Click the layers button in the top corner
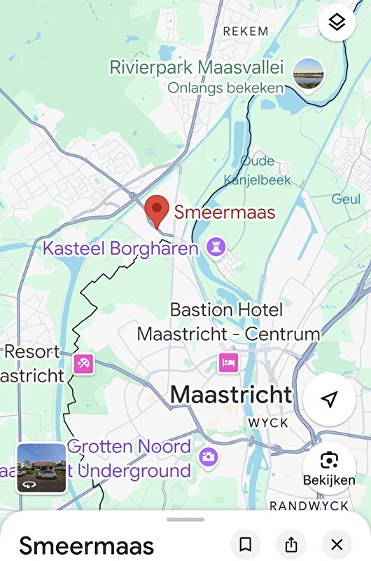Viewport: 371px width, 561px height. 337,22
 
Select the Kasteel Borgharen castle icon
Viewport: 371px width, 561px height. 215,247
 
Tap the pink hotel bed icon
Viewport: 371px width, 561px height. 227,362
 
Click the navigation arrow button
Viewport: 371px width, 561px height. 329,399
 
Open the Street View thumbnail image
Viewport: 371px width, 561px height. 41,468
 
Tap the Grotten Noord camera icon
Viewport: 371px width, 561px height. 208,457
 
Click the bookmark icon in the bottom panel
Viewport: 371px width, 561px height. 245,544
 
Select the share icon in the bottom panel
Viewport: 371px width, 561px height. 291,544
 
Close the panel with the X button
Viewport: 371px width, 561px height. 337,544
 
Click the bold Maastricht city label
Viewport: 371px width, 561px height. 230,395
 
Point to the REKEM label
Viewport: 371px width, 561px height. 245,31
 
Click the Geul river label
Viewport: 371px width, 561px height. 346,199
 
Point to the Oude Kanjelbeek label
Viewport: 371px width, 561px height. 256,170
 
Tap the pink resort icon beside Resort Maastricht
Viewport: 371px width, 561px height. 83,363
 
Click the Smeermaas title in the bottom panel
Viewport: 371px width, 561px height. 86,546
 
